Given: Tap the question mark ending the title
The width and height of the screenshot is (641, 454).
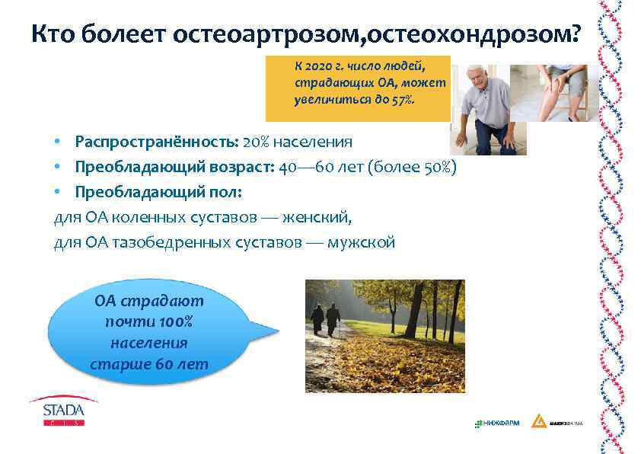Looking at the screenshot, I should pyautogui.click(x=572, y=34).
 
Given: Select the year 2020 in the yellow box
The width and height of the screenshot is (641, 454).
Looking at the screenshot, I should pyautogui.click(x=314, y=67).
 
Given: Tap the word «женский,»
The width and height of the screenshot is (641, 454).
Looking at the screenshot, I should pyautogui.click(x=317, y=217).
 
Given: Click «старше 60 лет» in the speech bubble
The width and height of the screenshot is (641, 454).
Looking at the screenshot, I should pyautogui.click(x=149, y=364).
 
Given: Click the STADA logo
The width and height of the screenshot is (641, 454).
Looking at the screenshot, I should pyautogui.click(x=64, y=411).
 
